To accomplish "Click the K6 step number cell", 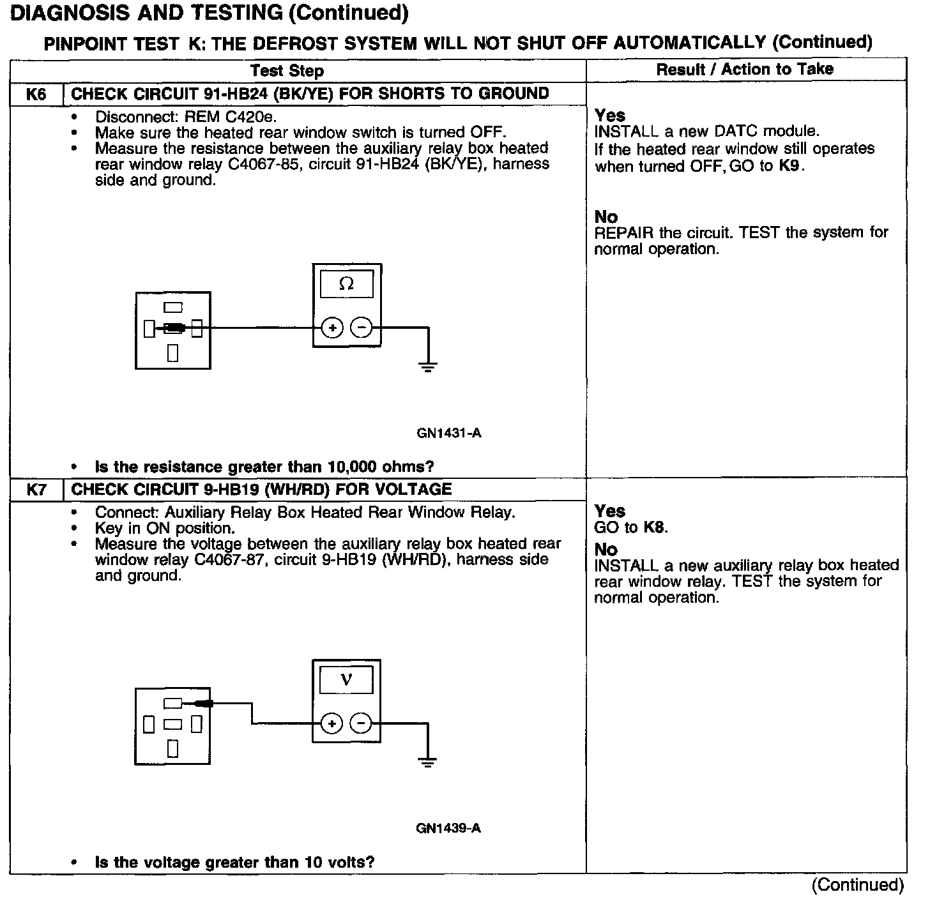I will [36, 94].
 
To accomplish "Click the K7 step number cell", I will [36, 490].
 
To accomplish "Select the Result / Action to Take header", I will [745, 69].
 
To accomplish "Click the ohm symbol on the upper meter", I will [347, 284].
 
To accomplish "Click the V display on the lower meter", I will [346, 680].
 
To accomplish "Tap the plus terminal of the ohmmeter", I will [332, 328].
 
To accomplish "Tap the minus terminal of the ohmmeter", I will [362, 328].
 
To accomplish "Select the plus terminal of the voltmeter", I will [332, 723].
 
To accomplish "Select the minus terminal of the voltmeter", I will [361, 723].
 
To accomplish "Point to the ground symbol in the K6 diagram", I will [428, 366].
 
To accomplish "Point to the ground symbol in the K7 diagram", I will [427, 762].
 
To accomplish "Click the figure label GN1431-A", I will [449, 434].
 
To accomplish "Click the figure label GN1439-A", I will [448, 829].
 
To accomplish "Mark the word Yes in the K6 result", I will [610, 116].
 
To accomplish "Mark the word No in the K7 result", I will [606, 550].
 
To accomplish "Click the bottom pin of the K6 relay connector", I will [172, 352].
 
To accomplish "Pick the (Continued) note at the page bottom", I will [858, 885].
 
